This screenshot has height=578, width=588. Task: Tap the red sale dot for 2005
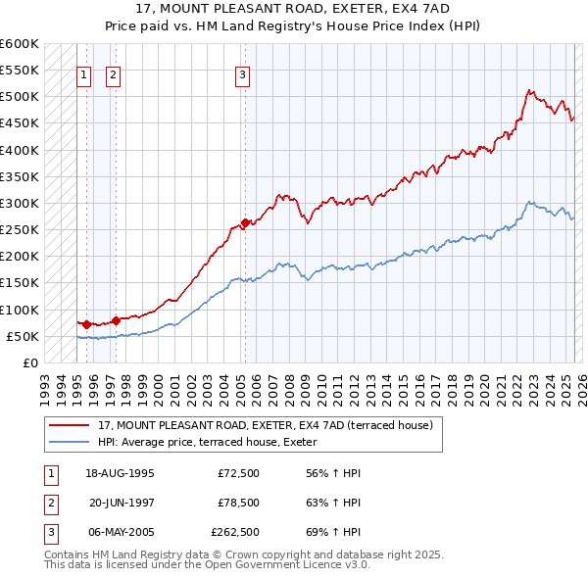(245, 222)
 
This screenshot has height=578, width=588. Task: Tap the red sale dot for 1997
(116, 319)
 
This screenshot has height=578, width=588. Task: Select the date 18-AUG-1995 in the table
(120, 473)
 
